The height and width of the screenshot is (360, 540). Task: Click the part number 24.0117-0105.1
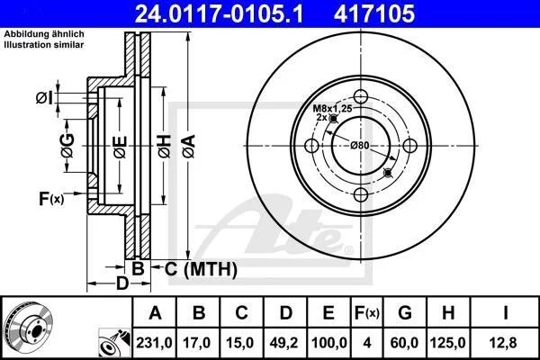coord(219,13)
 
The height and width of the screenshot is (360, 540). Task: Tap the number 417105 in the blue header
coord(374,13)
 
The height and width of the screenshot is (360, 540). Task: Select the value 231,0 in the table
coord(154,343)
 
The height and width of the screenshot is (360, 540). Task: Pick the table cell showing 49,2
coord(284,343)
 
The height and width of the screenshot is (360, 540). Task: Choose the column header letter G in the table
coord(405,313)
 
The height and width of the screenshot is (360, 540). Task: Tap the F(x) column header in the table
coord(367,313)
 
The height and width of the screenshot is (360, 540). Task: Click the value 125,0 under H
coord(447,343)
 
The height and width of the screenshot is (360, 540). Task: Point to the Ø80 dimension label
coord(359,146)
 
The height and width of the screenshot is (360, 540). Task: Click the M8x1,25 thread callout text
coord(332,109)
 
